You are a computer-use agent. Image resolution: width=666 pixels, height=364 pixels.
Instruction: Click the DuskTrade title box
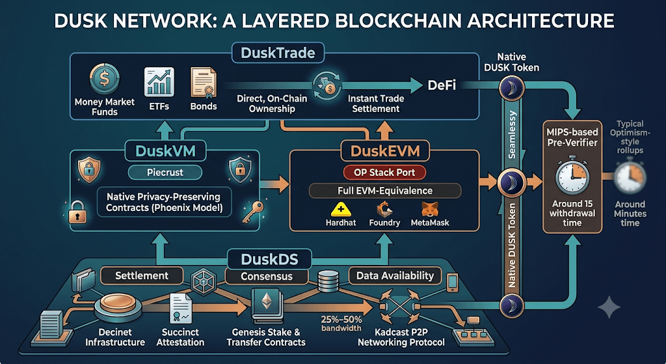278,53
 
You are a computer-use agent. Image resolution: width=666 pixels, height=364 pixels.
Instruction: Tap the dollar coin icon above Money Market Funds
104,79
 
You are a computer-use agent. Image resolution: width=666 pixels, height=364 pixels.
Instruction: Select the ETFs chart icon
159,81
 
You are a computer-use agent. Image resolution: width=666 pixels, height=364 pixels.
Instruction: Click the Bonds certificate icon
204,83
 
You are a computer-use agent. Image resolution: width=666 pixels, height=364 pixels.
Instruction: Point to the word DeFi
442,85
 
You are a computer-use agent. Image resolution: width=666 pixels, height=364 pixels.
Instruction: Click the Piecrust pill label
165,172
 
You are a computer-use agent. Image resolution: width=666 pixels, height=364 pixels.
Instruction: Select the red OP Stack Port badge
384,172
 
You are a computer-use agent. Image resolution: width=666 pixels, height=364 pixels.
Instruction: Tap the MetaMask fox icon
430,209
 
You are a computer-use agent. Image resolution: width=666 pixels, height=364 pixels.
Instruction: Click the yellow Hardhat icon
341,209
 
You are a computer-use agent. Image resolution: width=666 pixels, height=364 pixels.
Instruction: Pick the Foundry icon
384,209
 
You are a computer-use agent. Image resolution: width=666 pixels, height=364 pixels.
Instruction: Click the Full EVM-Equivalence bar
385,191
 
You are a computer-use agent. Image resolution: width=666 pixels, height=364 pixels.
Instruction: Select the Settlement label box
142,275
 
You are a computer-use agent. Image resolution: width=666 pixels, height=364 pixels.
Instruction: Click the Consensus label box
266,276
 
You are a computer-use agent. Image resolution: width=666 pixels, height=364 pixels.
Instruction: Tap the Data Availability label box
395,275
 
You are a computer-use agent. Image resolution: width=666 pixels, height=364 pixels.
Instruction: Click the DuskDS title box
269,259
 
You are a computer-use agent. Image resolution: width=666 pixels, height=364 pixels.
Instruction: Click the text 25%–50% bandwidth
341,324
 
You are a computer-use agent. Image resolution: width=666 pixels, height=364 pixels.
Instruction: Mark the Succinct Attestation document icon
181,309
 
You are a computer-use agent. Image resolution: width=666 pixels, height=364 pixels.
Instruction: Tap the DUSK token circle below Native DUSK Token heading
511,89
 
